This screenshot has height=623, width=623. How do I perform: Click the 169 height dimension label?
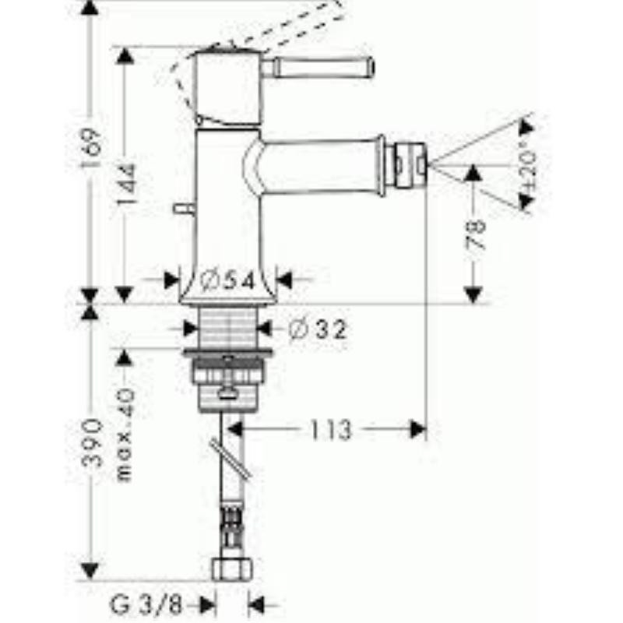(92, 147)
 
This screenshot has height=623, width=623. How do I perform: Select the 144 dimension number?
(127, 184)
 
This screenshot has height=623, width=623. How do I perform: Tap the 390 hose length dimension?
(92, 442)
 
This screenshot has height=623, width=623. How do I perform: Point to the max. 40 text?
(125, 435)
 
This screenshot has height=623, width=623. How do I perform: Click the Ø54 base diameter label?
(227, 281)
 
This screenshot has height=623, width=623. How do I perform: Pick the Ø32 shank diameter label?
(317, 329)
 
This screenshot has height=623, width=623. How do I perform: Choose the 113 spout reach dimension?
(331, 430)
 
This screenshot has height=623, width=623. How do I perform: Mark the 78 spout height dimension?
(475, 234)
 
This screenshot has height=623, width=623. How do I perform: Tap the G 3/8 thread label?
(146, 605)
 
